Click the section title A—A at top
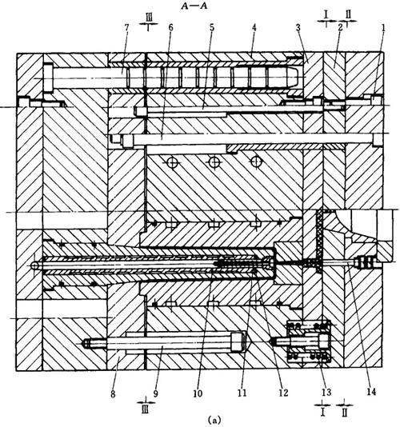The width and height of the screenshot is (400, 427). (194, 6)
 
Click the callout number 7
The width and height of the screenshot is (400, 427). (126, 27)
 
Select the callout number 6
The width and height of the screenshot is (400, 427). (171, 27)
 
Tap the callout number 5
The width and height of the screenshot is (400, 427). (212, 27)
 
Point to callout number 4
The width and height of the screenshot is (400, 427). (254, 27)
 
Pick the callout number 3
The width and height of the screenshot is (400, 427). (298, 27)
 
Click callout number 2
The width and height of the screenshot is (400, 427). (340, 27)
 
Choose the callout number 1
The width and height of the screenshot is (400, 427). (383, 27)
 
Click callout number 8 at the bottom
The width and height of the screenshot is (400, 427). (113, 393)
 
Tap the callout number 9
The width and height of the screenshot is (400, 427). (155, 393)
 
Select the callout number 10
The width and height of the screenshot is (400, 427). (198, 393)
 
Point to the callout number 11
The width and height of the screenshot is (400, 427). (242, 393)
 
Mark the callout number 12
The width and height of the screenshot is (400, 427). (283, 393)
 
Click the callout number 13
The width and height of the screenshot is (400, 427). (326, 392)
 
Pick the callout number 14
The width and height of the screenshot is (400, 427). (371, 392)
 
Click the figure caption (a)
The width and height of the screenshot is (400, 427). (213, 420)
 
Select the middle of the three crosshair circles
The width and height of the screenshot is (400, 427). (214, 162)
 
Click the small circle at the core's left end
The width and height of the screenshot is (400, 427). (34, 265)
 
